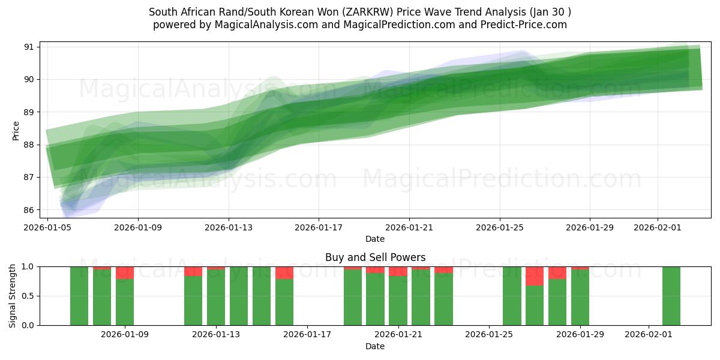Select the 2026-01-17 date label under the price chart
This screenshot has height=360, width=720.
319,227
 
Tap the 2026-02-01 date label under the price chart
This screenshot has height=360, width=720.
658,227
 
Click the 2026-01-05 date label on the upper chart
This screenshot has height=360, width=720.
48,227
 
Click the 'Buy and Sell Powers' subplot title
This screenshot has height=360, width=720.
375,257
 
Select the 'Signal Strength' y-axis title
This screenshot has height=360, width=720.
13,295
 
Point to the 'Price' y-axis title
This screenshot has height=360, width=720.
16,131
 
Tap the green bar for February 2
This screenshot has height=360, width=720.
671,296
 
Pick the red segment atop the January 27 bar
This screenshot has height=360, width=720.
535,276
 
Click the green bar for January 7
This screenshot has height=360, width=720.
79,296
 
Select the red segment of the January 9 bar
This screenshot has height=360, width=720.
125,273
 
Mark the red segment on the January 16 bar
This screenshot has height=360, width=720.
284,273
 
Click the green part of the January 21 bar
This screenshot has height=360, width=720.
398,301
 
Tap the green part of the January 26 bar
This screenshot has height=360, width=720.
512,296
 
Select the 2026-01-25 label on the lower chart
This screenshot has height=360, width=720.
490,334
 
